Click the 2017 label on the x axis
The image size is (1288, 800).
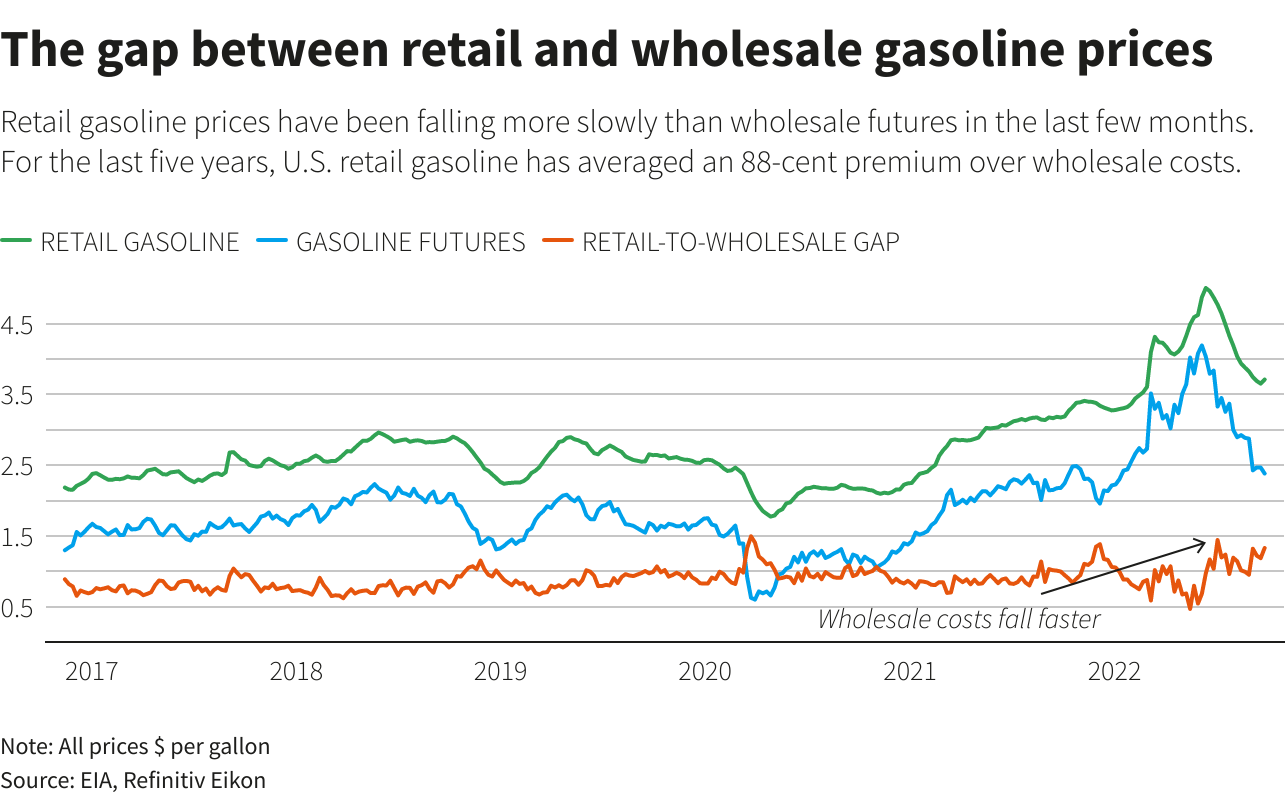tap(92, 671)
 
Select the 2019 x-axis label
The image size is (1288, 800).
tap(501, 671)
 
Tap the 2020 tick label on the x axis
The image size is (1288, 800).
tap(705, 671)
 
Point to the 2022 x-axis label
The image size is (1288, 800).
tap(1115, 671)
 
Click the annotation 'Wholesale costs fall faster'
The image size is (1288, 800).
tap(958, 620)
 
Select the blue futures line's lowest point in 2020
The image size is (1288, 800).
tap(754, 598)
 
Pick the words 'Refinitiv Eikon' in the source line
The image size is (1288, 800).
tap(195, 780)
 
